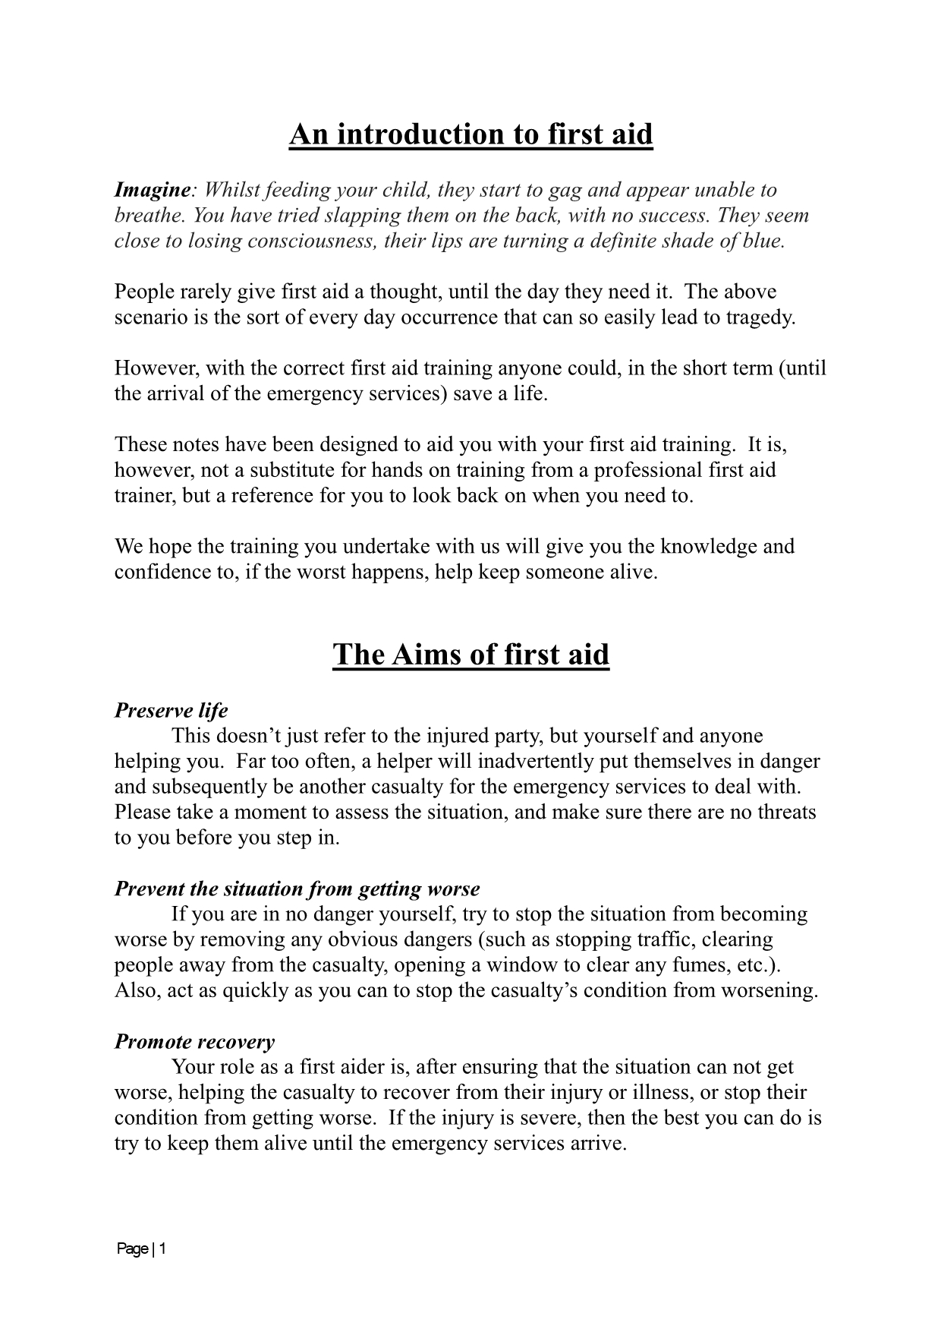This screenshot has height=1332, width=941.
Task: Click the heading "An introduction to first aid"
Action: [x=470, y=134]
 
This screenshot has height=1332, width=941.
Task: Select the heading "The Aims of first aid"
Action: [x=470, y=655]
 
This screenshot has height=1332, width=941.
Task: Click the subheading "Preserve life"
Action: [x=171, y=711]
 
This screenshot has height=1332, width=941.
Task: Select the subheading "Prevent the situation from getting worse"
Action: [x=297, y=889]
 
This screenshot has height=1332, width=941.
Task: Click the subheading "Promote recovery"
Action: [x=194, y=1042]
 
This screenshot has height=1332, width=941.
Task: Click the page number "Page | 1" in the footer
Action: [x=141, y=1249]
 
